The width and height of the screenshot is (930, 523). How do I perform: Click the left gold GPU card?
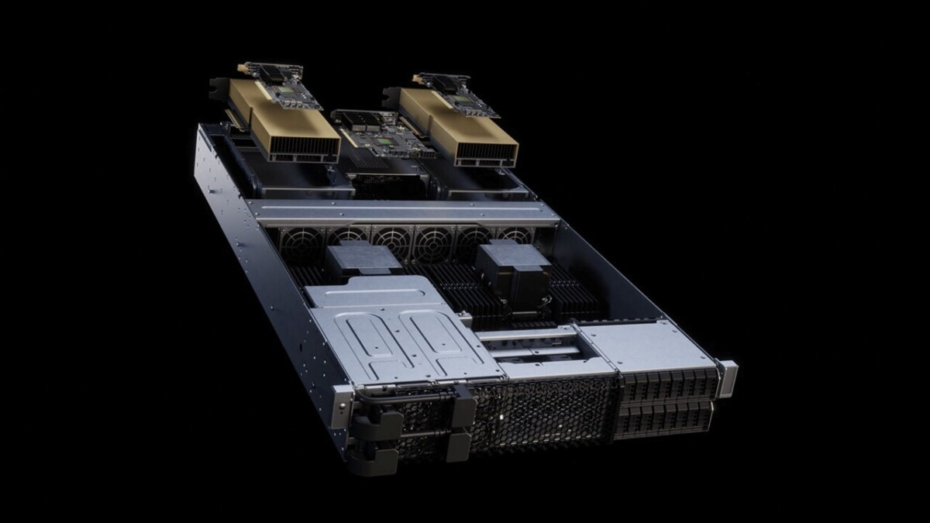coord(279,124)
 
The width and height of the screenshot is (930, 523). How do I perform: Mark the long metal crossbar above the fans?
coord(403,212)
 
